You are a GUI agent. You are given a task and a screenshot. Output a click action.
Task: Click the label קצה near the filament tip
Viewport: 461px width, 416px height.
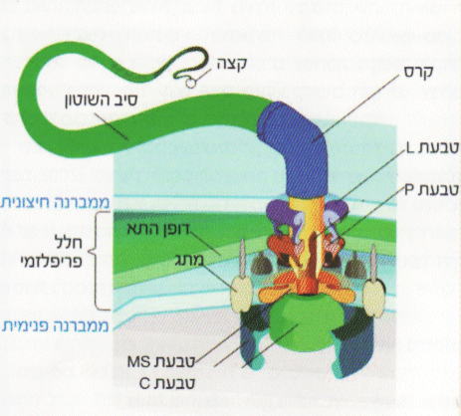232,64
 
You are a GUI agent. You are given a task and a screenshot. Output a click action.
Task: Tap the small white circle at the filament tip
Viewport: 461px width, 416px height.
190,83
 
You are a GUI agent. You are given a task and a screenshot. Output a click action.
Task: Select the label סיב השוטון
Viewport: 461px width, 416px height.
101,101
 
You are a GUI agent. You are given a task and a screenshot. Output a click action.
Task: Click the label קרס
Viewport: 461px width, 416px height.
418,72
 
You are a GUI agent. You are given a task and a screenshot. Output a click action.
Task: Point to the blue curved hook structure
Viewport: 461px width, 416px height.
296,149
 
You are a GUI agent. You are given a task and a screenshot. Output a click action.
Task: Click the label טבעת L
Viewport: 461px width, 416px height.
432,148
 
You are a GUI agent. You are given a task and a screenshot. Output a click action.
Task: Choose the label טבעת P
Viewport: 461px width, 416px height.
431,190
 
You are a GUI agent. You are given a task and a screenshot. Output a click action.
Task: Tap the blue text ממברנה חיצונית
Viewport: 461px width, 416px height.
55,202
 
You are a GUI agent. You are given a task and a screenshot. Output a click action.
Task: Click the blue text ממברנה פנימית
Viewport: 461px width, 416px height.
56,325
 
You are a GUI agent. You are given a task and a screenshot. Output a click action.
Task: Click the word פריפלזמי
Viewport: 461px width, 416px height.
53,261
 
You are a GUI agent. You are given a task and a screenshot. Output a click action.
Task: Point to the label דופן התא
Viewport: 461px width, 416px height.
158,230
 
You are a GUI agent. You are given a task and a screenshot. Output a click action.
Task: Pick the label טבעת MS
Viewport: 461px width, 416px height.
161,361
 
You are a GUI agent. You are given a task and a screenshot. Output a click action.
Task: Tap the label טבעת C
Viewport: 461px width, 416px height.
167,383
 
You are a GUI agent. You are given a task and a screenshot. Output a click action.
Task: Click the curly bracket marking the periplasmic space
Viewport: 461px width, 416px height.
100,261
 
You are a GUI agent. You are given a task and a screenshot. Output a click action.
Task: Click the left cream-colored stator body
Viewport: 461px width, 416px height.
241,294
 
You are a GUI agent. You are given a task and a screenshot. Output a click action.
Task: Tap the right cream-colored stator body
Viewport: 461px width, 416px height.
374,298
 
